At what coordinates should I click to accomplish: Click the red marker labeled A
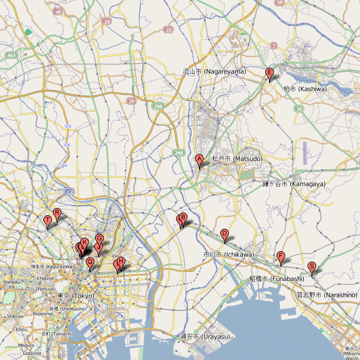199,159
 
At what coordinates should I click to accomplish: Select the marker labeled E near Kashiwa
270,73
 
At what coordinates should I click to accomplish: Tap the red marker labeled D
225,234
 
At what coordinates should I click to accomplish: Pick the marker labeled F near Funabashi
281,256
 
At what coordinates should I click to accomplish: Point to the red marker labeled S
311,266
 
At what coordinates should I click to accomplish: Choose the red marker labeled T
48,220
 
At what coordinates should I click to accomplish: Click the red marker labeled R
57,213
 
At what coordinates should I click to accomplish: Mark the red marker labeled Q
90,262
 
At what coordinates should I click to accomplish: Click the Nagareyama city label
214,71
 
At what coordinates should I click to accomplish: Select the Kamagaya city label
294,184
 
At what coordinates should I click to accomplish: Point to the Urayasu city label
205,336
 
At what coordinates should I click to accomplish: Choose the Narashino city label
327,295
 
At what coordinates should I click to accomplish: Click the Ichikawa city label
229,255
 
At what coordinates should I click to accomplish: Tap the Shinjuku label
9,282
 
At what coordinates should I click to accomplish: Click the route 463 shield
11,55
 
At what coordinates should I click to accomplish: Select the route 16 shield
299,109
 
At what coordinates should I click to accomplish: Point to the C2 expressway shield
69,192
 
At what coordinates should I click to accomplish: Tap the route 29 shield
131,101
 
